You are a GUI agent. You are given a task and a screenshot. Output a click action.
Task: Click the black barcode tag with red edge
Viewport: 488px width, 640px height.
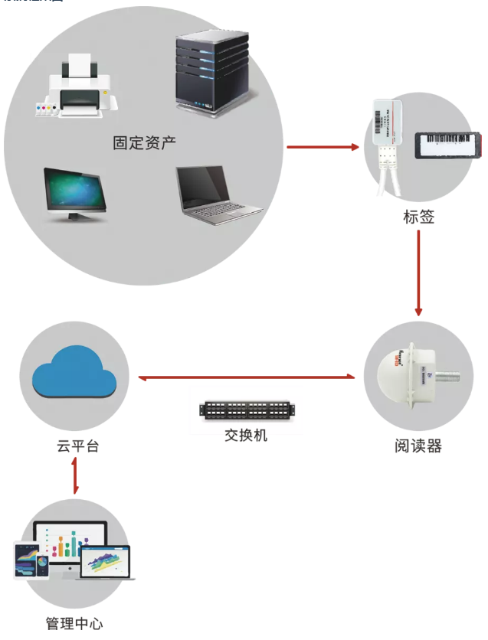click(x=448, y=145)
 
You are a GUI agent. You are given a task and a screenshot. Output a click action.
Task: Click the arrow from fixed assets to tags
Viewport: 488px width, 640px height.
click(x=323, y=147)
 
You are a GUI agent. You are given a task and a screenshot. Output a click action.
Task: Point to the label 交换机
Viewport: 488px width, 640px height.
click(x=246, y=436)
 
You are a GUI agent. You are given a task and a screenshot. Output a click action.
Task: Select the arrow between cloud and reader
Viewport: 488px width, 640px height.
click(x=246, y=377)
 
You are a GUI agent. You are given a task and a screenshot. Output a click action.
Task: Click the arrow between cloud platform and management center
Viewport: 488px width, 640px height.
click(x=75, y=477)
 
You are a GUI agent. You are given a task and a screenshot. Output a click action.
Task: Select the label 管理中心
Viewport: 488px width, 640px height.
click(x=74, y=623)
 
